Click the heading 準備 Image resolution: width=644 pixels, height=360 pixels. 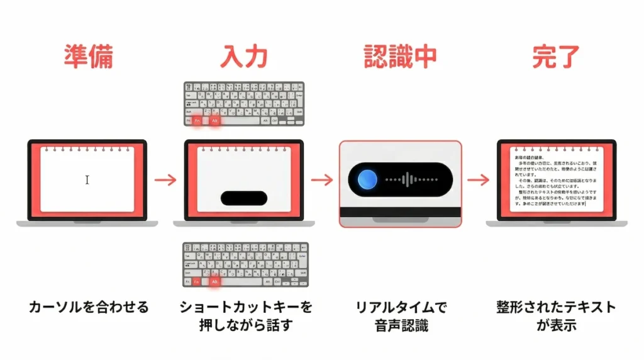88,57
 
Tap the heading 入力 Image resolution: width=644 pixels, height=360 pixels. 244,57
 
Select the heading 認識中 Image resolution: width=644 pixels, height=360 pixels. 400,57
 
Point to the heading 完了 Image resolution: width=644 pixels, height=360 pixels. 555,57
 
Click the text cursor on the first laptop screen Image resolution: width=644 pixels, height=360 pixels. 87,180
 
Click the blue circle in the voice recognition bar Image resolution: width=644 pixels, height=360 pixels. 368,180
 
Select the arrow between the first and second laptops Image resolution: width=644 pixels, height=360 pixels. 165,180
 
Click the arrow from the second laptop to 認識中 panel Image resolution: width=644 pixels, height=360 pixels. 322,180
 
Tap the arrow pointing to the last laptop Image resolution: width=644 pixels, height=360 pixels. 478,180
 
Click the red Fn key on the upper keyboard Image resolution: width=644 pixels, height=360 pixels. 197,120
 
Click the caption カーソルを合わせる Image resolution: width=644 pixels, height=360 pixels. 89,307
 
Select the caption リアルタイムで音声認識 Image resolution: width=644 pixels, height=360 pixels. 401,317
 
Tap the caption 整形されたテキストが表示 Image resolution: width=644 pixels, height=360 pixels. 555,317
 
